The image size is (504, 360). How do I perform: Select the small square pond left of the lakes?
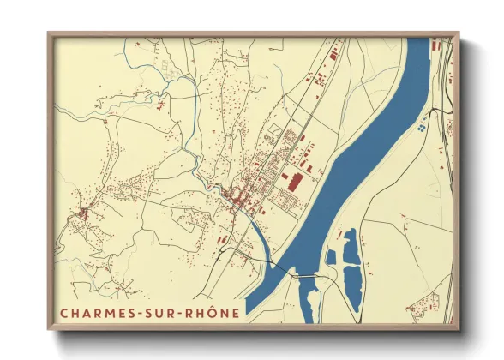point(331,256)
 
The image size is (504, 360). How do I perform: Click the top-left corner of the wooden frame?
point(49,34)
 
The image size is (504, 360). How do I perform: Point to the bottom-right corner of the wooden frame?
point(458,328)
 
